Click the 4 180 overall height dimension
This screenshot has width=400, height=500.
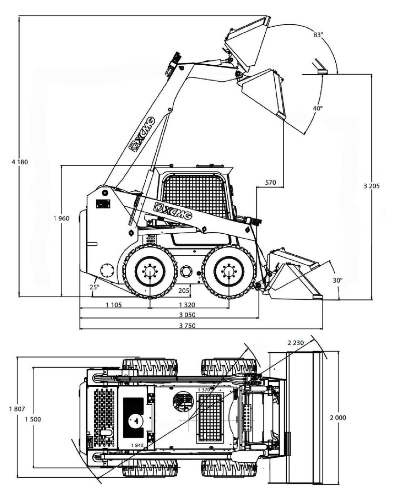pyautogui.click(x=20, y=162)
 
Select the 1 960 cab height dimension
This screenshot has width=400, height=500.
pyautogui.click(x=61, y=219)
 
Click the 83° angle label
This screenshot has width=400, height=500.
pyautogui.click(x=318, y=35)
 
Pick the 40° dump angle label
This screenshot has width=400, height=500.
pyautogui.click(x=318, y=108)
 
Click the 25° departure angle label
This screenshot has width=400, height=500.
pyautogui.click(x=94, y=287)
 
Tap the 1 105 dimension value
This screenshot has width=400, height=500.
pyautogui.click(x=114, y=305)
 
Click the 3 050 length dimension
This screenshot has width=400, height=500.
pyautogui.click(x=187, y=315)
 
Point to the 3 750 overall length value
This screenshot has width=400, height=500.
pyautogui.click(x=187, y=326)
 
